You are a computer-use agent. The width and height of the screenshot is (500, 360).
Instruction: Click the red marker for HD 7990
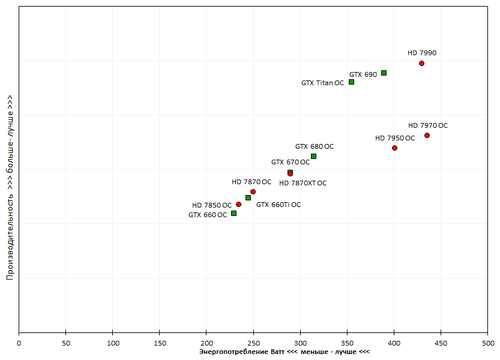(421, 63)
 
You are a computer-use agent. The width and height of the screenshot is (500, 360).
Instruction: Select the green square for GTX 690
(383, 73)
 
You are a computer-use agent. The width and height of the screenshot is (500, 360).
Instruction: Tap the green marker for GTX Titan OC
(351, 82)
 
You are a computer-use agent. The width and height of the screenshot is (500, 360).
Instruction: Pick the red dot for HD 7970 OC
(427, 135)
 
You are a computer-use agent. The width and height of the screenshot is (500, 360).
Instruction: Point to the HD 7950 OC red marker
(395, 148)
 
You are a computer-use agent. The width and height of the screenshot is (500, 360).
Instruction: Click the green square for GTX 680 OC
(313, 156)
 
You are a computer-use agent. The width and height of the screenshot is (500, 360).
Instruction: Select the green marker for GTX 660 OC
(233, 213)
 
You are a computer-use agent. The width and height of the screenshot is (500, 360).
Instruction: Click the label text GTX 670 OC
(291, 161)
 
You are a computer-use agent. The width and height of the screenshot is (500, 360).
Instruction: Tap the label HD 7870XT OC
(302, 183)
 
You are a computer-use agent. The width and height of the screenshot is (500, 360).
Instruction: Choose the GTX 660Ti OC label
(278, 204)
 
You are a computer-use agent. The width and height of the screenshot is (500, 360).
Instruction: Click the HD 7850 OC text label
(212, 205)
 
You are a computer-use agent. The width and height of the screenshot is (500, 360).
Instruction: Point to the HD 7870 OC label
(251, 182)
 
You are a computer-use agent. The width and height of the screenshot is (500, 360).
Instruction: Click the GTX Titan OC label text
(322, 83)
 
